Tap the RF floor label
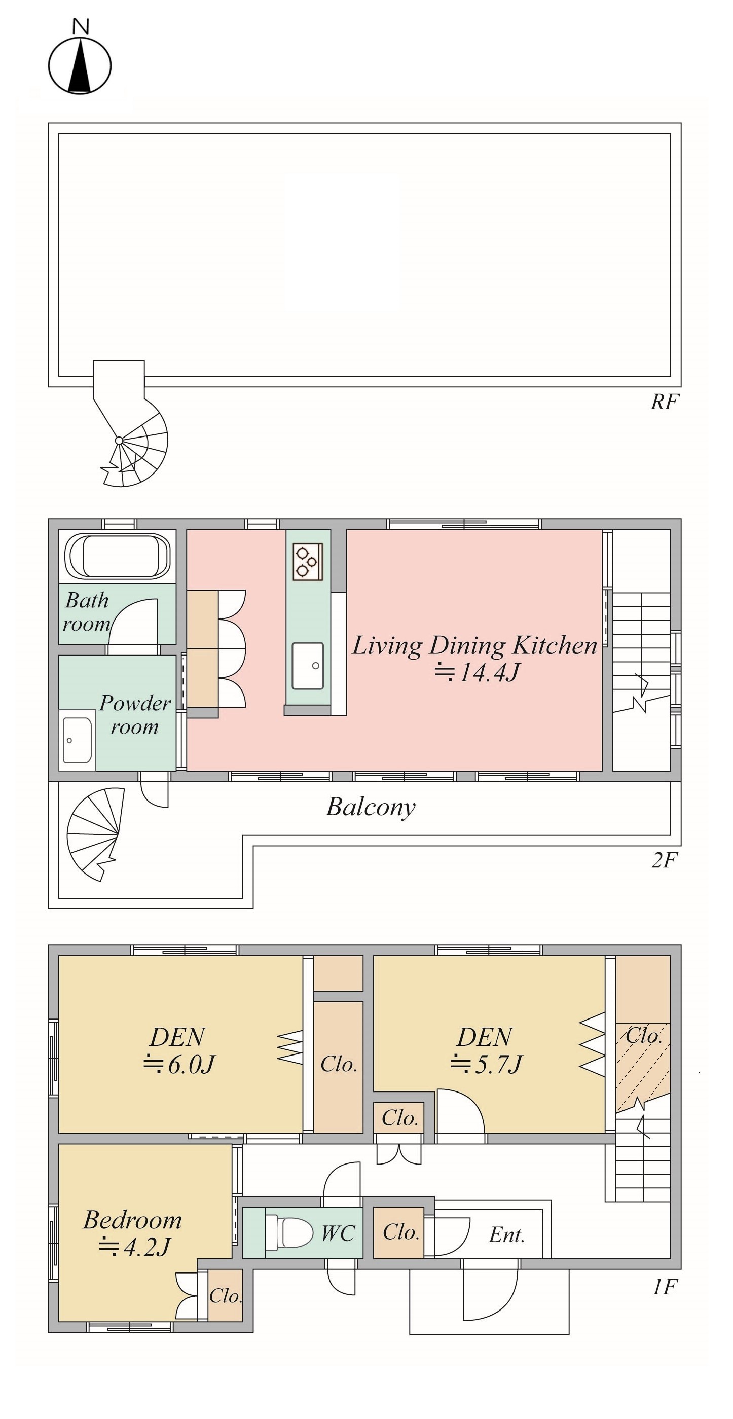tap(665, 402)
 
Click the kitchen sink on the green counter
tap(308, 666)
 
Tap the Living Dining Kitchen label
tap(474, 645)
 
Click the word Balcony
tap(371, 808)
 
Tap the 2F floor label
tap(664, 860)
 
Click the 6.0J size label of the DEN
tap(178, 1065)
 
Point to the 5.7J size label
tap(486, 1065)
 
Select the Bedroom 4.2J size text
tap(134, 1247)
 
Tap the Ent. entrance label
tap(506, 1235)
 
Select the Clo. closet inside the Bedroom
tap(225, 1296)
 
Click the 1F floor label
tap(664, 1287)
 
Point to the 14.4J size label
tap(477, 673)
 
